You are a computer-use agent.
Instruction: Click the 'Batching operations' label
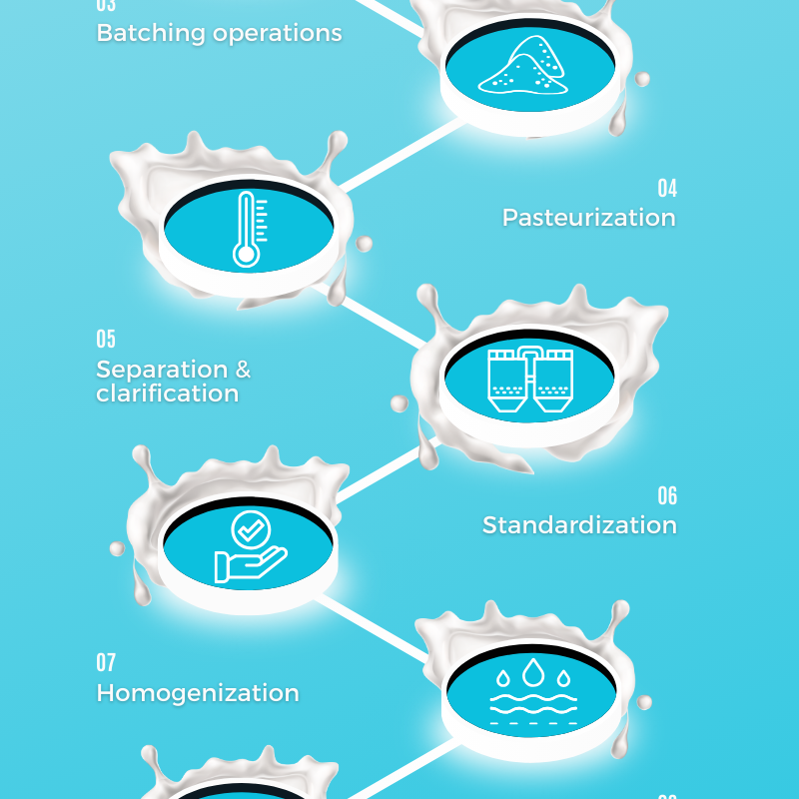[219, 33]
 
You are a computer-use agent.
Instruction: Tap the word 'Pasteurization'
[588, 218]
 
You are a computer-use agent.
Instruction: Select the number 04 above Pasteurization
[666, 188]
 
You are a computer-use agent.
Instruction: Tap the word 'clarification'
[167, 394]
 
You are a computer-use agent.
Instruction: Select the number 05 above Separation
[106, 340]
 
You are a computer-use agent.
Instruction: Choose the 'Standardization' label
[579, 525]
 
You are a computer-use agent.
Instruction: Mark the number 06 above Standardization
[666, 495]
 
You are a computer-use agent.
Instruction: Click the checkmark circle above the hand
[247, 528]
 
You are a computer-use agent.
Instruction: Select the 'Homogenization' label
[198, 693]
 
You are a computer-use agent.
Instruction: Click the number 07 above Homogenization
[106, 662]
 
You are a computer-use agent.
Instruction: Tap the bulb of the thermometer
[246, 254]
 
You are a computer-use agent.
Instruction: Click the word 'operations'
[280, 33]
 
